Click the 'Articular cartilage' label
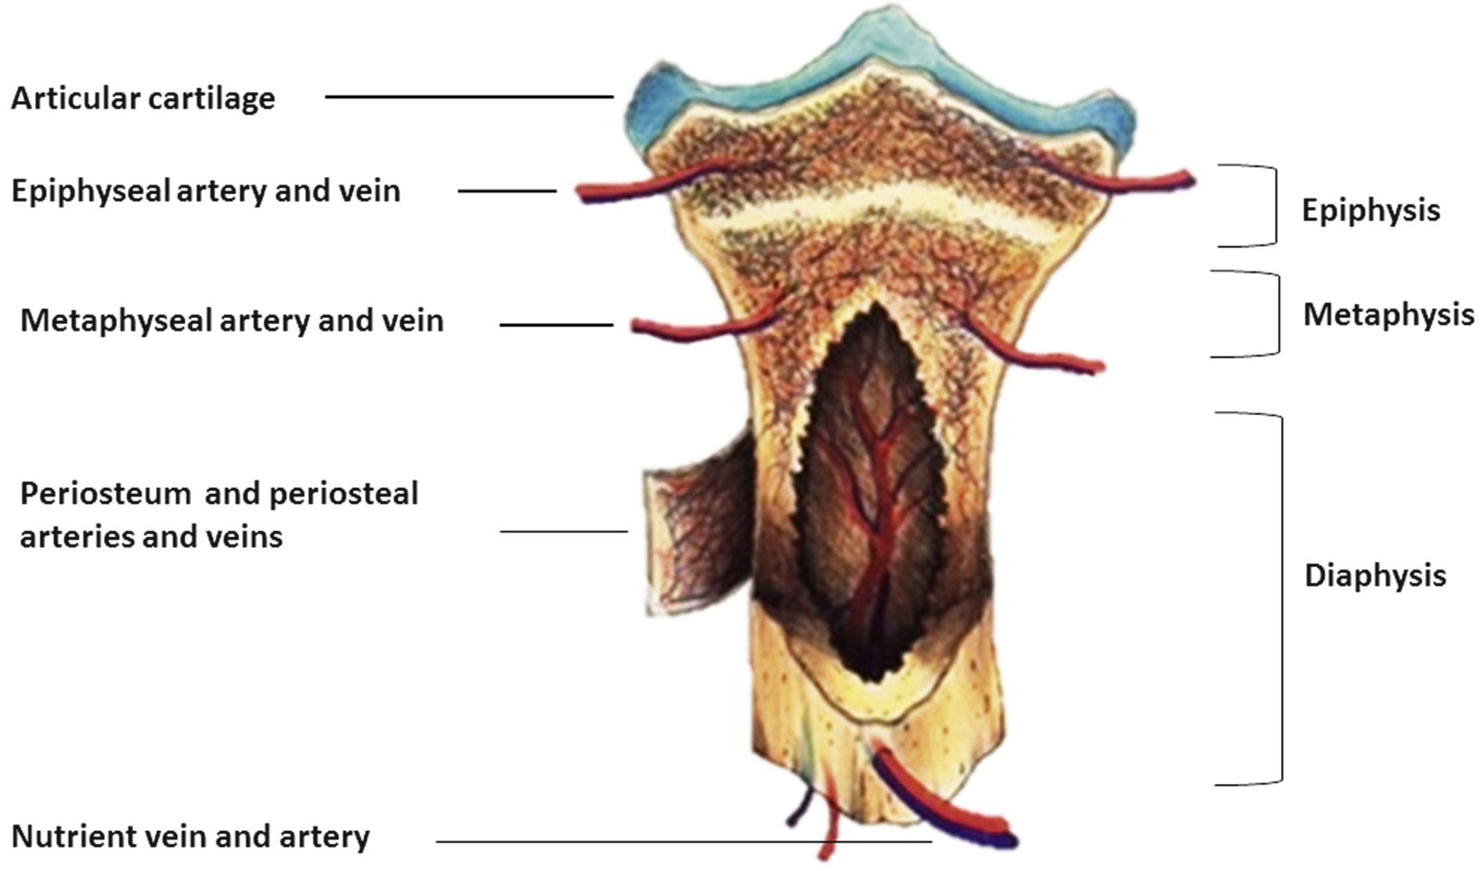[143, 99]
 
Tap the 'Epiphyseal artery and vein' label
[206, 191]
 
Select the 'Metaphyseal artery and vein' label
[232, 320]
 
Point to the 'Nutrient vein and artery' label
[190, 837]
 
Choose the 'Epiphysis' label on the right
[1370, 210]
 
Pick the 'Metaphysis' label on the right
[1388, 315]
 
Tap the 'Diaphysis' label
[1374, 576]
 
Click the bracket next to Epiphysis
[1273, 205]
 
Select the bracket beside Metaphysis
[1276, 314]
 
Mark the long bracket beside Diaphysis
[1280, 598]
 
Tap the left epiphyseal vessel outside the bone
[619, 188]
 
